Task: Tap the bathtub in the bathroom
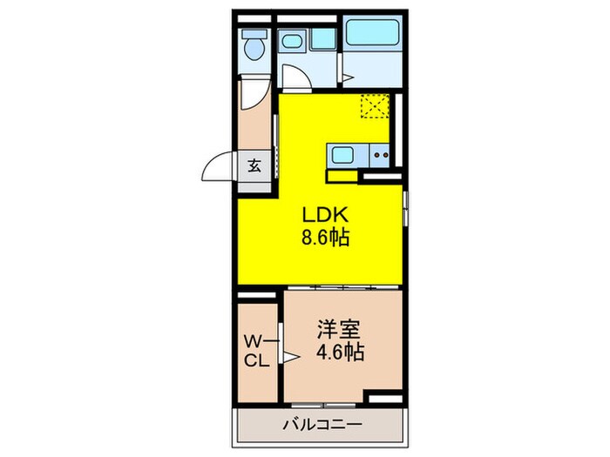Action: [371, 33]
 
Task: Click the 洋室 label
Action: [337, 331]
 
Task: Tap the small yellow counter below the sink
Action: [342, 175]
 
